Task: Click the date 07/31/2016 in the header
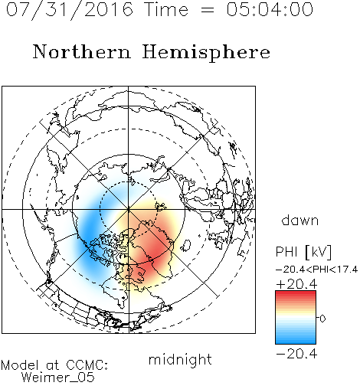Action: click(70, 10)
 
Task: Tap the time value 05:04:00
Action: click(270, 9)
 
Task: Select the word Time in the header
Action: click(166, 9)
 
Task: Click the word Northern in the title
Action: click(82, 51)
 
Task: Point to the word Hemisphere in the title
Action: click(206, 53)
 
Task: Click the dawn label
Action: click(300, 220)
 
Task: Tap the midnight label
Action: click(180, 360)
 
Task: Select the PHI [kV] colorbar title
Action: click(303, 253)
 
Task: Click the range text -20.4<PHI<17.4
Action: click(316, 270)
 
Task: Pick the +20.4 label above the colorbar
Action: click(296, 284)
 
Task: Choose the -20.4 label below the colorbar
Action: click(296, 354)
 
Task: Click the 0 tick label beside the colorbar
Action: click(322, 319)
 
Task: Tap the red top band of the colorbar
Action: click(296, 294)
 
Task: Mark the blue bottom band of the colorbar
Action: click(296, 340)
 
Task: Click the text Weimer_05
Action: click(58, 378)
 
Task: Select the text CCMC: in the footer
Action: click(87, 365)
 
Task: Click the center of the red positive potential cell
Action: click(152, 251)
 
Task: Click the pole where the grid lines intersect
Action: click(129, 210)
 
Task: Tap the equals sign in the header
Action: click(207, 11)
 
